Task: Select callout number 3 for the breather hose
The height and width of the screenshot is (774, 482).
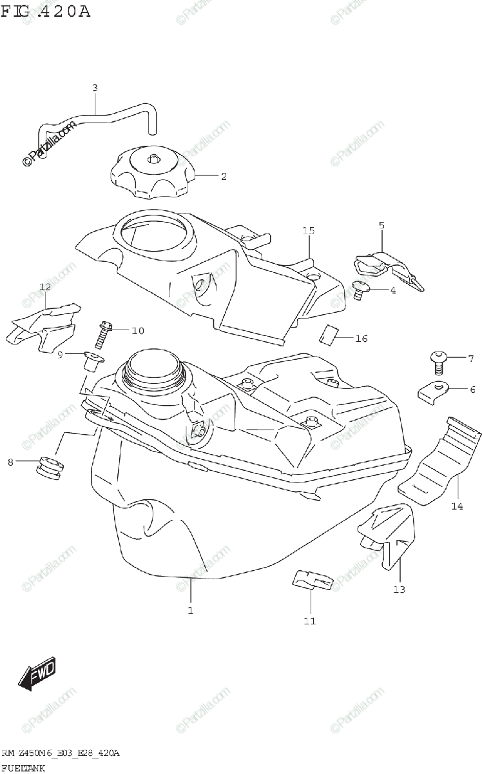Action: pos(95,87)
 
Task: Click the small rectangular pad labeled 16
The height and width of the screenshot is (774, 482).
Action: pos(330,335)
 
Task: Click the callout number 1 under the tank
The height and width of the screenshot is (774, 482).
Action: pos(190,610)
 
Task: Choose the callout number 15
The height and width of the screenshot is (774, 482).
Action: pos(309,230)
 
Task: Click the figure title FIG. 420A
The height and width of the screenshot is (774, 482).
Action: pos(46,11)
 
